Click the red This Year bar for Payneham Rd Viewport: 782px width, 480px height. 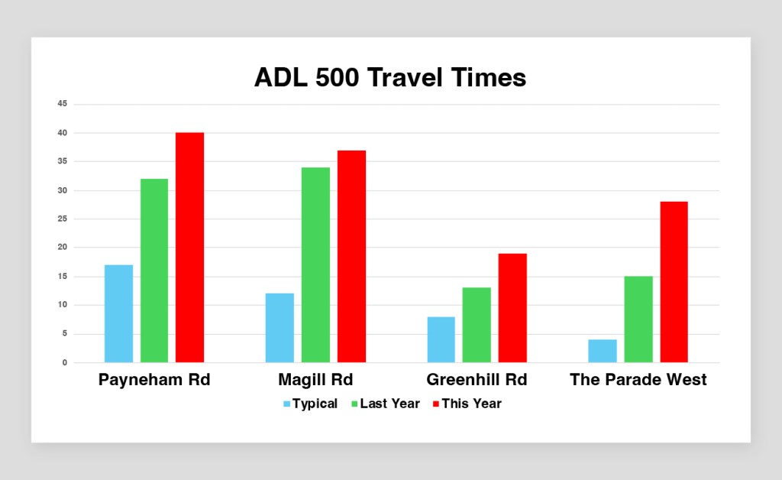click(x=189, y=248)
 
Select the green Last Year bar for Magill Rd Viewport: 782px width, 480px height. click(x=315, y=265)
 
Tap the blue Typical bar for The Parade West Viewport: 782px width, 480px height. click(x=603, y=351)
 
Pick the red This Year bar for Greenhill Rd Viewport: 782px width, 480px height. click(x=512, y=308)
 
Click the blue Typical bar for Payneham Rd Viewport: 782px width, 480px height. click(x=118, y=313)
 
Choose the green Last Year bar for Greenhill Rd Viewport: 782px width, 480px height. click(x=477, y=325)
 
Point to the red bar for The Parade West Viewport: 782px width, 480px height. click(x=674, y=282)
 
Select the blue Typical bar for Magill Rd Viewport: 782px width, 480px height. click(x=280, y=328)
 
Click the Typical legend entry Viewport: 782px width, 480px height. click(x=310, y=404)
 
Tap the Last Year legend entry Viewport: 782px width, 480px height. click(x=386, y=404)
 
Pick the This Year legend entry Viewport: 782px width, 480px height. click(x=467, y=404)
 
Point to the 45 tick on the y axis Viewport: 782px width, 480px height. click(x=63, y=104)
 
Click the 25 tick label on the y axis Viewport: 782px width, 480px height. click(x=63, y=219)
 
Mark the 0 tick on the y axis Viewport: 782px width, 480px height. click(x=65, y=363)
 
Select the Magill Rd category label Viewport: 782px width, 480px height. click(x=315, y=380)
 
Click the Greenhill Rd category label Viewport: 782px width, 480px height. click(x=477, y=380)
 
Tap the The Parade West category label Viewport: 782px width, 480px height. click(x=638, y=380)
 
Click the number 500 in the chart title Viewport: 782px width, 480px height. click(x=337, y=78)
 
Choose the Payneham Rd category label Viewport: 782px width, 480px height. click(x=154, y=380)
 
